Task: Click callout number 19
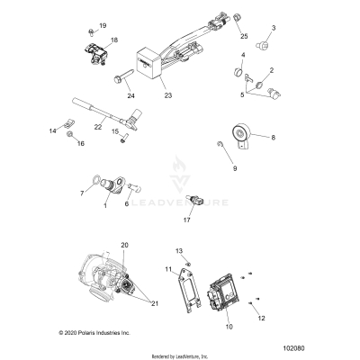[102, 25]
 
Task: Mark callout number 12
[262, 318]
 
